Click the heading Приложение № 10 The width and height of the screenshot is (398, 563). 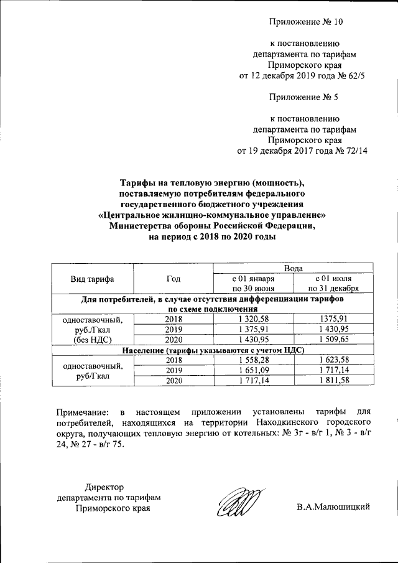305,22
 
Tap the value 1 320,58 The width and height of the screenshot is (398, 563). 253,319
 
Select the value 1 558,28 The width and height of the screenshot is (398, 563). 253,360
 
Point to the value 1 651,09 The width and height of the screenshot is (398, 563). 253,370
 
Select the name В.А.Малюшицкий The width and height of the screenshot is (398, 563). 333,508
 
